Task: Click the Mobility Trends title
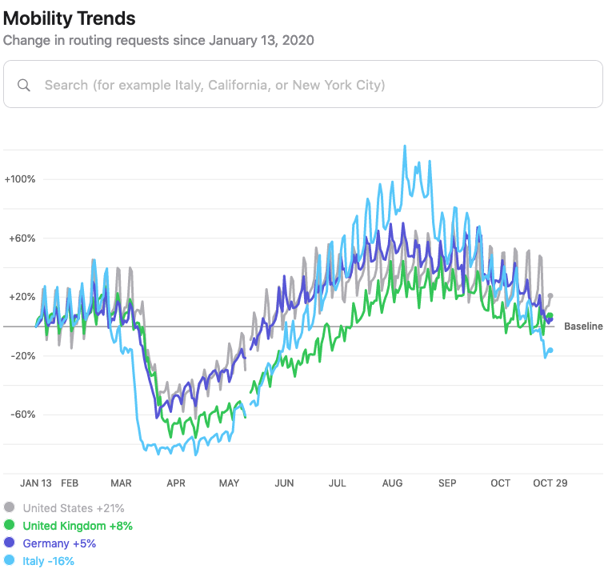(x=70, y=18)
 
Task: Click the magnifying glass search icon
(x=24, y=85)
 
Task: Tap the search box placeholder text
(x=214, y=85)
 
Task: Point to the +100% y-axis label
(x=20, y=179)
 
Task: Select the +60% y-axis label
(x=22, y=238)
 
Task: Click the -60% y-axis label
(x=22, y=415)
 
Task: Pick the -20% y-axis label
(x=22, y=356)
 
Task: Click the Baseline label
(x=583, y=327)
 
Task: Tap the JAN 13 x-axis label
(x=36, y=483)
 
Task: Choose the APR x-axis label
(x=175, y=483)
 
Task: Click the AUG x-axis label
(x=392, y=483)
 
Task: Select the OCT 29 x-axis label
(x=550, y=483)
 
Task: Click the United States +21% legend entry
(x=73, y=507)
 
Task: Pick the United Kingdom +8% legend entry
(x=78, y=526)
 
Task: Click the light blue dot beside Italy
(x=10, y=561)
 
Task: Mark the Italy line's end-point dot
(x=550, y=351)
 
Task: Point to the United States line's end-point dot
(x=550, y=296)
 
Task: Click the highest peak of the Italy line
(x=405, y=146)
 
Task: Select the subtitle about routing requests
(x=158, y=40)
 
